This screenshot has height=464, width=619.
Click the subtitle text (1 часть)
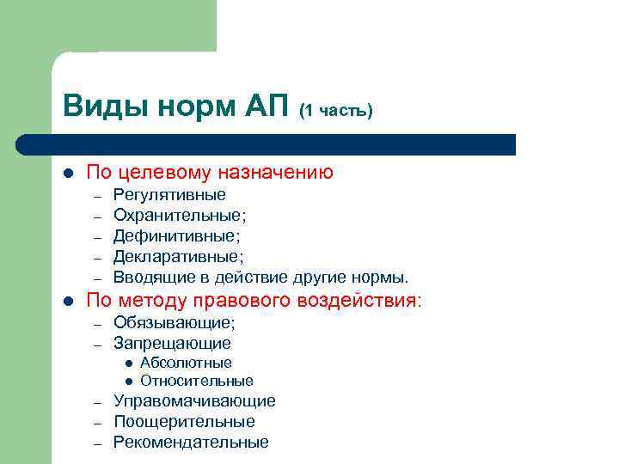click(x=335, y=111)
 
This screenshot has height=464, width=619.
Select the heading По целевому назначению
click(x=210, y=172)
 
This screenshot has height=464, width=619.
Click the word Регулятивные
click(x=169, y=195)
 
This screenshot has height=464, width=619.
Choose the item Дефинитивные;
click(x=176, y=235)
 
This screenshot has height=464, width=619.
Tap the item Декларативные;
click(x=178, y=256)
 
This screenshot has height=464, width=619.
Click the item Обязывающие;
click(x=174, y=323)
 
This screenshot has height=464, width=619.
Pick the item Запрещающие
click(x=172, y=344)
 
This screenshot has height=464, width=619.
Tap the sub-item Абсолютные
click(x=186, y=363)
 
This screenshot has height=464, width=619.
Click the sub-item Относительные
click(x=196, y=381)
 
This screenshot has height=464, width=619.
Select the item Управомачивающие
click(x=194, y=401)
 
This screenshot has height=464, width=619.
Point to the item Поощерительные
click(x=184, y=422)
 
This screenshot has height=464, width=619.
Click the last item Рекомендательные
click(x=191, y=443)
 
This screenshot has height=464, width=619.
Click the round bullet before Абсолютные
click(x=127, y=363)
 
